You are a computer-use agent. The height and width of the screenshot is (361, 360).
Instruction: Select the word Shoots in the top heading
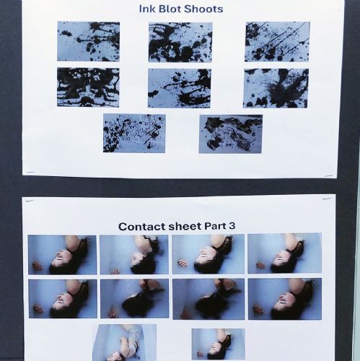point(203,9)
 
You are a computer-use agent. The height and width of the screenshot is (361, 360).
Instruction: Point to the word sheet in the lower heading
point(185,227)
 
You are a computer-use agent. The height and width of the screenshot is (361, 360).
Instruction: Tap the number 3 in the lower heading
point(232,226)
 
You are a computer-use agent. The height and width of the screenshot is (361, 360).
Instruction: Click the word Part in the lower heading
point(215,226)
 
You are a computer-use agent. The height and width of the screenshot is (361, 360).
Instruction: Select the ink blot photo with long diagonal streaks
point(277,42)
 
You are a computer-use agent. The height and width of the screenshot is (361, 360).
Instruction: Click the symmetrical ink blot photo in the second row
point(88,87)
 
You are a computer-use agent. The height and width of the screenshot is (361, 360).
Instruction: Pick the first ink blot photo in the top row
point(88,41)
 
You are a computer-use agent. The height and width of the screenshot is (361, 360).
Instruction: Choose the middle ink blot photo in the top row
point(180,43)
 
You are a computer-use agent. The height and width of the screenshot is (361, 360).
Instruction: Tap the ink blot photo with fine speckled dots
point(134,134)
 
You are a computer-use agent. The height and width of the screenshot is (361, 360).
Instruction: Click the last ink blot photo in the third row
point(231,134)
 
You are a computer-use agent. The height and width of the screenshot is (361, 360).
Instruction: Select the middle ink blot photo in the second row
point(180,88)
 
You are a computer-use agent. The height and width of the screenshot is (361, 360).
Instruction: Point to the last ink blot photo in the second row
point(276,88)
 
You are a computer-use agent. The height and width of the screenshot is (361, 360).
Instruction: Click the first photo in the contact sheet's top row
point(62,255)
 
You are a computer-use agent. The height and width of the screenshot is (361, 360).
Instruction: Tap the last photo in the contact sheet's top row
point(285,253)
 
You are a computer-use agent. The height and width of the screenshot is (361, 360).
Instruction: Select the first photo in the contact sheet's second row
point(63,299)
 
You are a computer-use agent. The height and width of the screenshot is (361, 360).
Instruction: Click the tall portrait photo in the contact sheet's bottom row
point(125,342)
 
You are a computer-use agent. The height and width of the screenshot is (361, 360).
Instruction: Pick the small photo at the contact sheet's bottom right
point(219,344)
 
